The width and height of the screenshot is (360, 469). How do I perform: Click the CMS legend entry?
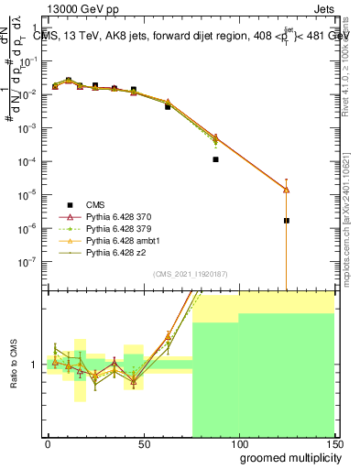pyautogui.click(x=95, y=204)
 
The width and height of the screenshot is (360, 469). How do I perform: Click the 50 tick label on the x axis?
pyautogui.click(x=143, y=443)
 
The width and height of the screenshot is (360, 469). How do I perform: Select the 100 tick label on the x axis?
pyautogui.click(x=238, y=443)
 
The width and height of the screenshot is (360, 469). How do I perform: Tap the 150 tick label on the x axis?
pyautogui.click(x=333, y=443)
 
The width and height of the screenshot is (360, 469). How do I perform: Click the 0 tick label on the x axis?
pyautogui.click(x=48, y=443)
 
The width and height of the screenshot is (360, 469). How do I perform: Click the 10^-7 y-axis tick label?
pyautogui.click(x=30, y=261)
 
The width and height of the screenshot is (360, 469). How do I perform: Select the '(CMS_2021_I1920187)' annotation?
pyautogui.click(x=191, y=274)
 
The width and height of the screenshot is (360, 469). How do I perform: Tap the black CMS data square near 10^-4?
pyautogui.click(x=215, y=159)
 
